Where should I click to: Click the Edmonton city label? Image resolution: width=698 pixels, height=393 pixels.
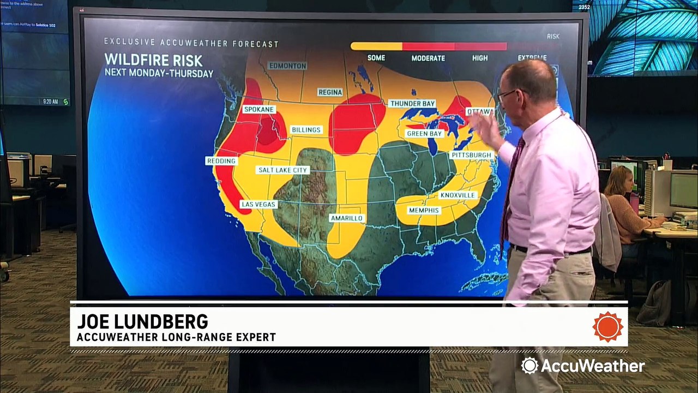pos(288,66)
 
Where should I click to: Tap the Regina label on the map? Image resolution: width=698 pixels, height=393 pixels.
pos(330,92)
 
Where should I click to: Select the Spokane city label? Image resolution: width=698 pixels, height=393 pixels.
pos(259,109)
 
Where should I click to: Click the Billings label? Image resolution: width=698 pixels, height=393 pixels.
pos(306,130)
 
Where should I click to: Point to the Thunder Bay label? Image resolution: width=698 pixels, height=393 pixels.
pos(412,103)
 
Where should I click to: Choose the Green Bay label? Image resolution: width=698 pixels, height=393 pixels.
pos(424,134)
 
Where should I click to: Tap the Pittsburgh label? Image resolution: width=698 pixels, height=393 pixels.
pos(471,155)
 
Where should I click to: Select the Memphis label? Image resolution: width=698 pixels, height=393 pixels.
pos(424,210)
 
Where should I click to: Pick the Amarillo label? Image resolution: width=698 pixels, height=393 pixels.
pos(346,218)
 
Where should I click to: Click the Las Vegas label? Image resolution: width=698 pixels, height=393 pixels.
pos(259,205)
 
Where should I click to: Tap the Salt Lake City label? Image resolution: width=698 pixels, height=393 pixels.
pos(283,170)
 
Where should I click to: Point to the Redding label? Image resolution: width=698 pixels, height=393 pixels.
pos(221,161)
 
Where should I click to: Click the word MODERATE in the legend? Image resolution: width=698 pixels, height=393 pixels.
pos(428,58)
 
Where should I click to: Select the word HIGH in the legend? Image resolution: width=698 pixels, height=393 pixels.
pos(480,58)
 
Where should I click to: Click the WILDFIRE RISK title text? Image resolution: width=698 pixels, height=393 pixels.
pos(153,60)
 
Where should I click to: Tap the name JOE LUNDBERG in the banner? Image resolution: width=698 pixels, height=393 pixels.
pos(142,321)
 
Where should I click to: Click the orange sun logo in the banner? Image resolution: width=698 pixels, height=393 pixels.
pos(608,327)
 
